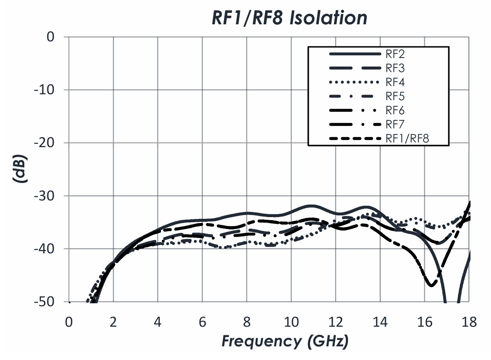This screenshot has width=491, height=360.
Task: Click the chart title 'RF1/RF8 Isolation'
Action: point(289,18)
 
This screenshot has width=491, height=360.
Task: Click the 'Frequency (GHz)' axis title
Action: point(284,341)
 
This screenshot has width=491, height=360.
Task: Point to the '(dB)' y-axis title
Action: point(20,170)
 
